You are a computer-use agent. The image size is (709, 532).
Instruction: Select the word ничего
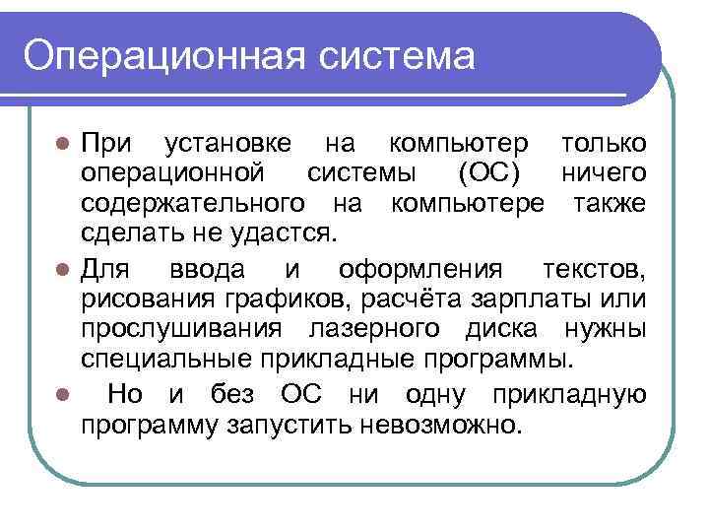point(604,174)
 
